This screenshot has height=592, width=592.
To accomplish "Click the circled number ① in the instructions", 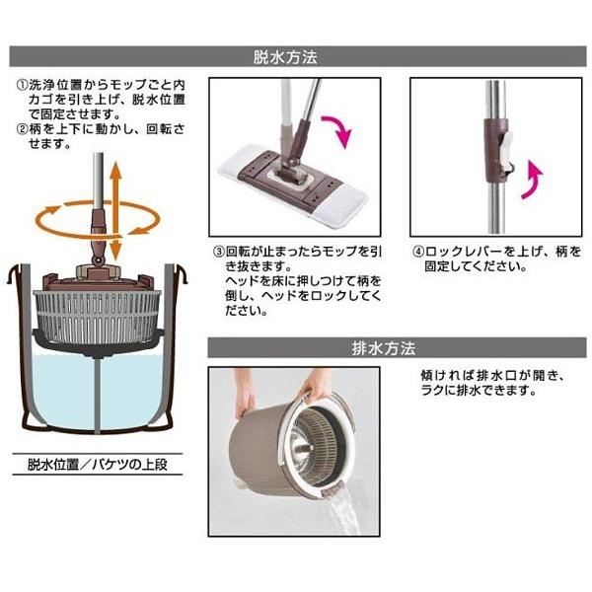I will pyautogui.click(x=21, y=86).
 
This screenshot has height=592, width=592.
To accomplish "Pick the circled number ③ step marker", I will pyautogui.click(x=219, y=251).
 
